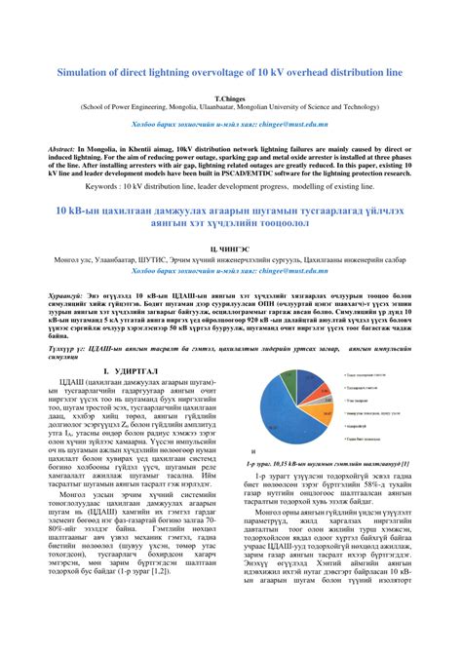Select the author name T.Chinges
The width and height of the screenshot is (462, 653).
click(x=231, y=98)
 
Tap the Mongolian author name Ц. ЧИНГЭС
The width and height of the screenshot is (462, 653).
click(x=231, y=250)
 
